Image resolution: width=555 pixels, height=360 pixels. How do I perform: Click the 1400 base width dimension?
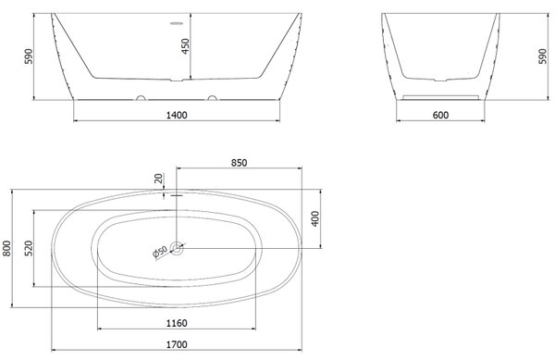tap(177, 115)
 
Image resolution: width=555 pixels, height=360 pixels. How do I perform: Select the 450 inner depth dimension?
tap(185, 46)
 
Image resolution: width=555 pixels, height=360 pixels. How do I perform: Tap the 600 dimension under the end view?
tap(440, 115)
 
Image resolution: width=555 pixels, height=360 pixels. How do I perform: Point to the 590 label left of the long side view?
tap(29, 56)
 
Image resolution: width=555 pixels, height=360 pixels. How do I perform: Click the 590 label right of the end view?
tap(542, 56)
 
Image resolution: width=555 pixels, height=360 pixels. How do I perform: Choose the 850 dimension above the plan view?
tap(239, 163)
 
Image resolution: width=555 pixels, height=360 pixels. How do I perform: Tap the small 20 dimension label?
tap(159, 178)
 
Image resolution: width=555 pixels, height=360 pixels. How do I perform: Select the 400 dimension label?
tap(315, 218)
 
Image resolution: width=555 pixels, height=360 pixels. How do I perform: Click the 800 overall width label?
tap(6, 248)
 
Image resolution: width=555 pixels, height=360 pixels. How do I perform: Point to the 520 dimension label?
tap(29, 248)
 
